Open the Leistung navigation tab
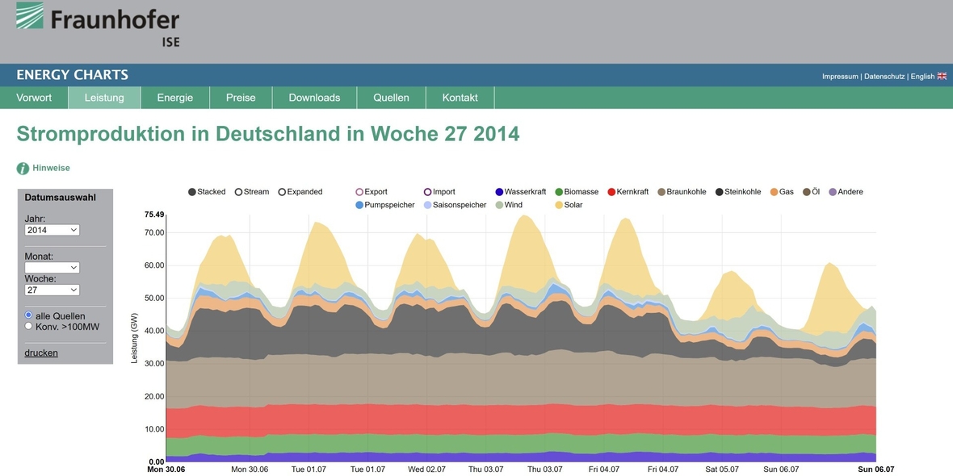coord(104,98)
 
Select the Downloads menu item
coord(314,98)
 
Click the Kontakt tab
coord(460,98)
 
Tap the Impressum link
coord(840,77)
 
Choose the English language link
coord(927,77)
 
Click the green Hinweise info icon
coord(23,169)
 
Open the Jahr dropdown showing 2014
coord(52,230)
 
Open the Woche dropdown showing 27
coord(52,290)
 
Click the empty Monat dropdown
coord(52,267)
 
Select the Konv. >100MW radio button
coord(29,327)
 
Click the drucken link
coord(41,353)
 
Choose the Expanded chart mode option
coord(283,192)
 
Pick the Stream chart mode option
coord(239,192)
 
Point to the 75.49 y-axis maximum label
coord(153,215)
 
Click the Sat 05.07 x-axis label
coord(721,470)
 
